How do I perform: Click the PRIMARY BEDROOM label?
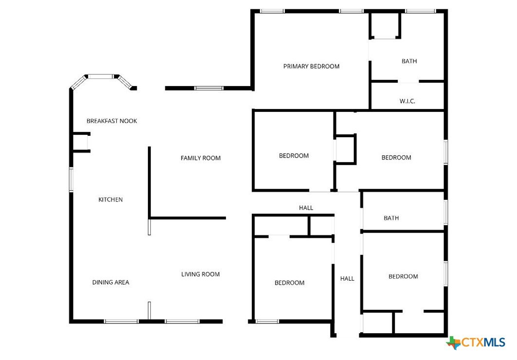(311, 66)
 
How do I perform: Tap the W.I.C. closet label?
(407, 101)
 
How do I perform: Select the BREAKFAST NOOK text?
(112, 121)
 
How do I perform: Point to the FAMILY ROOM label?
(201, 158)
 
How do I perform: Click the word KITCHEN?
(111, 199)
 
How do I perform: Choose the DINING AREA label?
(111, 282)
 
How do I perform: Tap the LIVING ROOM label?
(201, 274)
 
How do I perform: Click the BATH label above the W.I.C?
(409, 61)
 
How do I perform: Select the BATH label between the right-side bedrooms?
(391, 218)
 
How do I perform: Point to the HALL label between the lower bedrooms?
(347, 279)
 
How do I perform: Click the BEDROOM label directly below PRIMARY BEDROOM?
(294, 156)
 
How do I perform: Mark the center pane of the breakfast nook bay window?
(100, 76)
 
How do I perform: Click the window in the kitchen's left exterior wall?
(71, 180)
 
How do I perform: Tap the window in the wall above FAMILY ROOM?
(208, 88)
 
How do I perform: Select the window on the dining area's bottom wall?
(121, 321)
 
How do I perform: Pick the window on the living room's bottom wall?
(183, 321)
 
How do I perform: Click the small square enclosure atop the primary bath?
(385, 26)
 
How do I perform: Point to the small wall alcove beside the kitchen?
(81, 142)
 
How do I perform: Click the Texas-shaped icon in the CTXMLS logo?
(454, 343)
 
